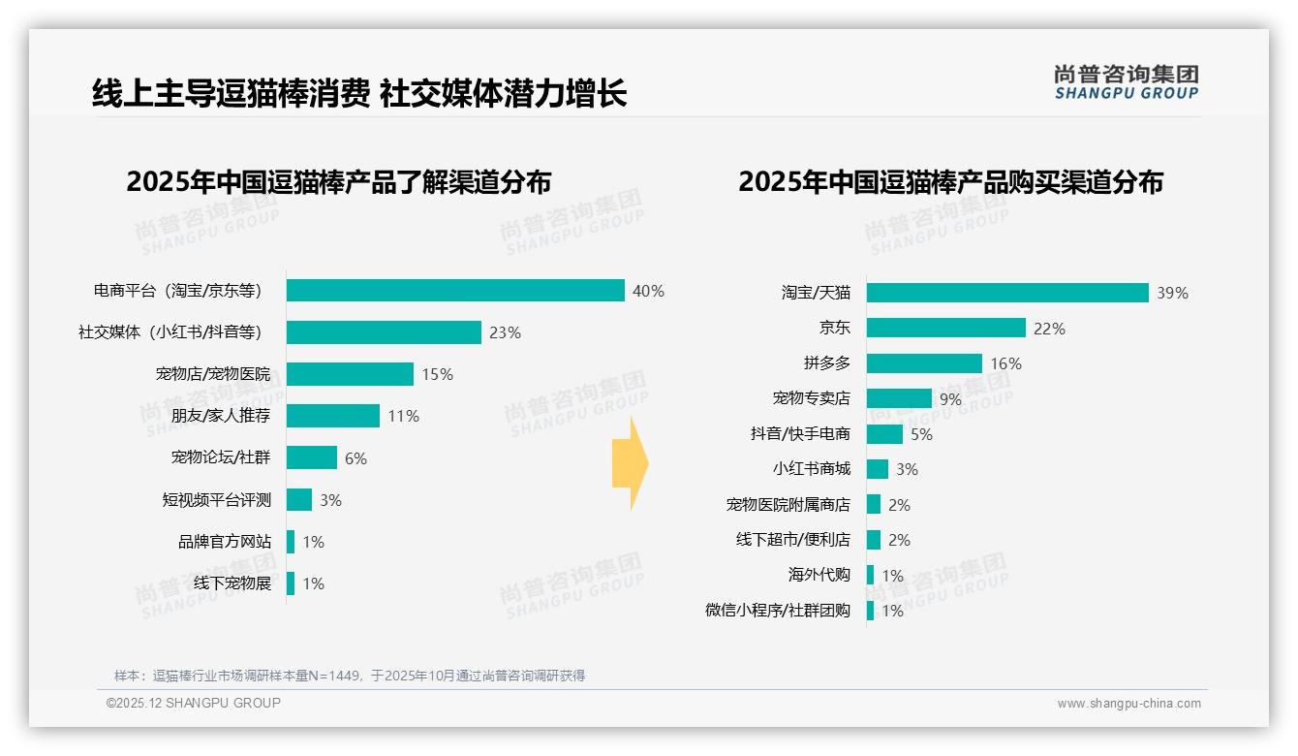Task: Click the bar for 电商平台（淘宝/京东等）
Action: (x=455, y=291)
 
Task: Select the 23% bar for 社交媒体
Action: (x=384, y=332)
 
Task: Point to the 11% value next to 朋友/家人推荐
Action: (x=403, y=416)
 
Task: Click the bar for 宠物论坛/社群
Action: (x=312, y=457)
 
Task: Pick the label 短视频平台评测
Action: (x=216, y=500)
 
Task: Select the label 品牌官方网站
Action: (x=224, y=542)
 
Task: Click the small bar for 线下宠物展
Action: (x=291, y=583)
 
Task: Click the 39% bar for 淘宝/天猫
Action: (x=1007, y=293)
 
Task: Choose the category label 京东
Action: (x=834, y=328)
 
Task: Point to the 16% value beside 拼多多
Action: (x=1005, y=363)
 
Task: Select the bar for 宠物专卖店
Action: (x=899, y=398)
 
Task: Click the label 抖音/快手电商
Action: (x=800, y=433)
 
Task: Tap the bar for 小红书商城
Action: (x=878, y=469)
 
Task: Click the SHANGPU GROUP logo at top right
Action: (x=1126, y=82)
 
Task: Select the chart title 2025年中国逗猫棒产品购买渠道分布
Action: (x=950, y=181)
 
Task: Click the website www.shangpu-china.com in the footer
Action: (x=1128, y=704)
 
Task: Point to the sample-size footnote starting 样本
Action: (x=349, y=676)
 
